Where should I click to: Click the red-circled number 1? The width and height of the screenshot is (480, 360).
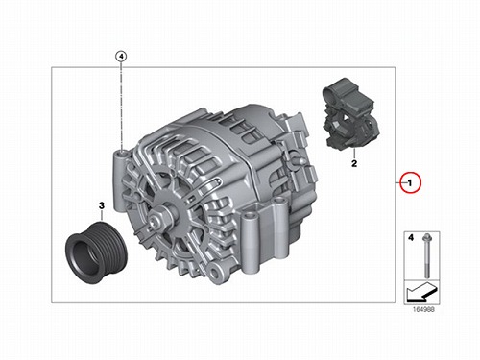tap(410, 182)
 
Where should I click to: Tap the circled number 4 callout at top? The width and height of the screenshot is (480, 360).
tap(121, 57)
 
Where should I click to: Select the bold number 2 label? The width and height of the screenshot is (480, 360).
tap(354, 163)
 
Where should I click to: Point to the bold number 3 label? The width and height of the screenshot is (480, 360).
tap(102, 205)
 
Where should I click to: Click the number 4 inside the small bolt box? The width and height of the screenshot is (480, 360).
tap(411, 238)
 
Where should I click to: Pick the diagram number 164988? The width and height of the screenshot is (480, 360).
tap(423, 309)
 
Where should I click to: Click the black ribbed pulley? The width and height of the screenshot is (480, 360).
tap(96, 252)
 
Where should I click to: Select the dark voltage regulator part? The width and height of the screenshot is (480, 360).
tap(350, 113)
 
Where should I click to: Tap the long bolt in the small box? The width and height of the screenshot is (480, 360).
tap(426, 256)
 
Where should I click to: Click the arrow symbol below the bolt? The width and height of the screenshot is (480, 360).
tap(420, 292)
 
